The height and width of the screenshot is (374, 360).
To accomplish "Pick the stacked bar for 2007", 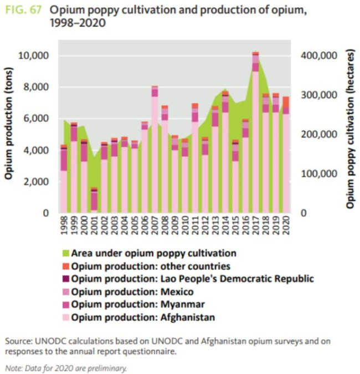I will point(155,150).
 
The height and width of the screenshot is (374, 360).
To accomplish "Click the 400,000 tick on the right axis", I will point(320,55).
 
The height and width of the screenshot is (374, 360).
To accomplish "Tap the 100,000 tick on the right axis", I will point(320,174).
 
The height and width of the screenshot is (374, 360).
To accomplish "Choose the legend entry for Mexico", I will point(132,292).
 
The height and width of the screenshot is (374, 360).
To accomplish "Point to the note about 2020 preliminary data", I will point(66,367).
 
